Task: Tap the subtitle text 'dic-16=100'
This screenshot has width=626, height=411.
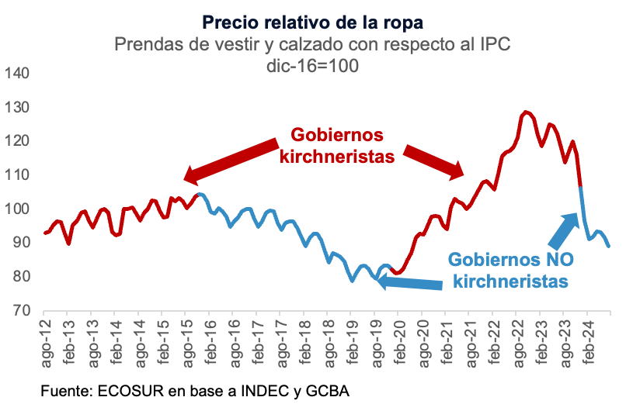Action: click(312, 66)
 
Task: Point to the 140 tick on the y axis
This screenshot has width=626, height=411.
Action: click(16, 74)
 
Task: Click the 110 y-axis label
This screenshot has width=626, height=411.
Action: click(16, 175)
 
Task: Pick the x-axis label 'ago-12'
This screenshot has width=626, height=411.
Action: click(47, 342)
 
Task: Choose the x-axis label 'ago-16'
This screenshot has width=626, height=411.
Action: click(234, 342)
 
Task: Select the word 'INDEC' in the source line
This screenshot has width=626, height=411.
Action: click(246, 389)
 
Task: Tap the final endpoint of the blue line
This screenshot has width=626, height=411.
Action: click(609, 247)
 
